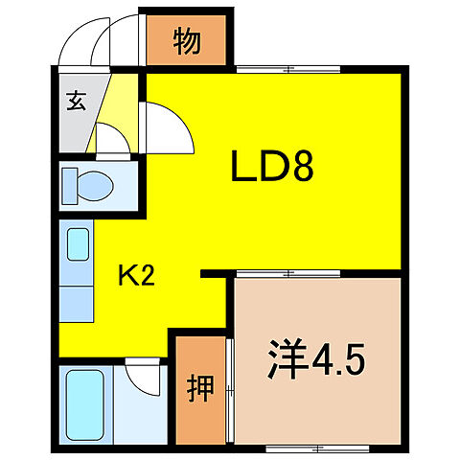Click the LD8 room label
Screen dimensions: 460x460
[x=273, y=171]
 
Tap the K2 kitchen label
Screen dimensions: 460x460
[x=136, y=278]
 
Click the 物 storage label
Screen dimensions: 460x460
[x=187, y=42]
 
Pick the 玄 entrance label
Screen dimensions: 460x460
[x=76, y=101]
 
